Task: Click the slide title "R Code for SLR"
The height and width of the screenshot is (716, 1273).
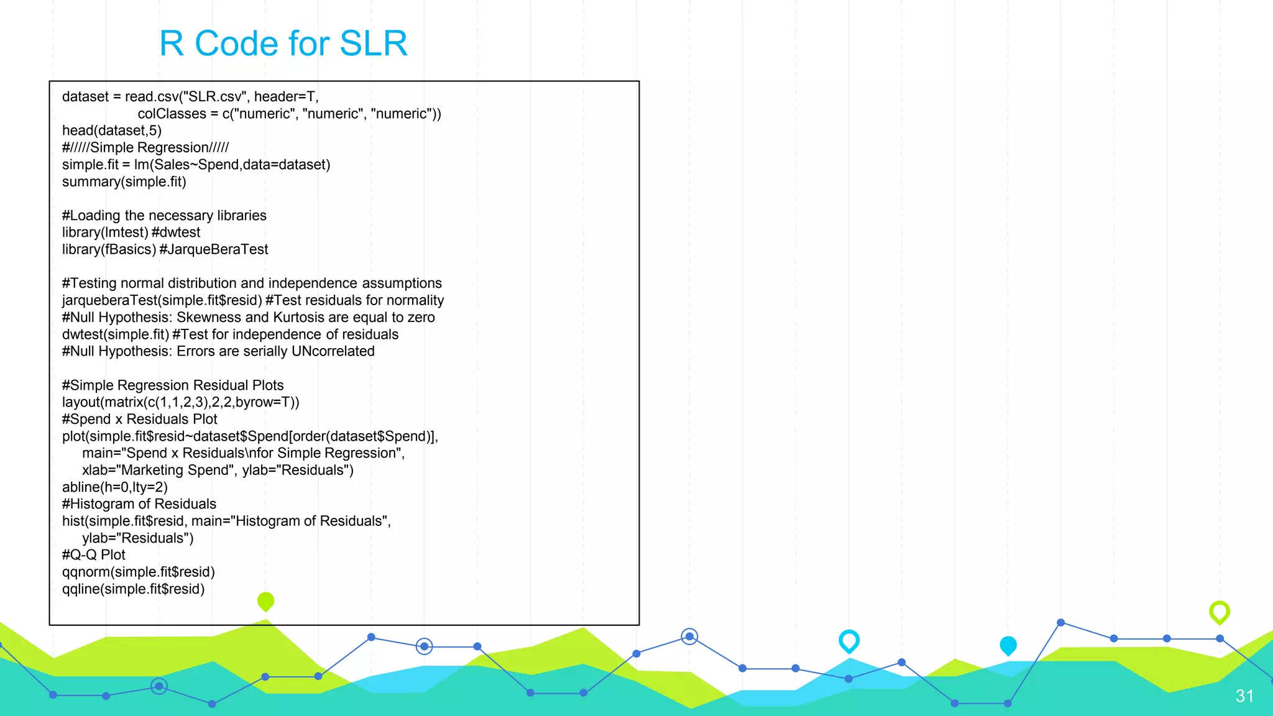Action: [283, 44]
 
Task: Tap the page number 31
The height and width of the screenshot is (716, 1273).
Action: [1244, 695]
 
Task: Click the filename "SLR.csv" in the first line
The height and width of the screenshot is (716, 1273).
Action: [214, 97]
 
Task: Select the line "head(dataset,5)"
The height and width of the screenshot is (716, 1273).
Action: [112, 131]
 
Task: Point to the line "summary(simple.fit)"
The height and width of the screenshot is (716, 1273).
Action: [124, 181]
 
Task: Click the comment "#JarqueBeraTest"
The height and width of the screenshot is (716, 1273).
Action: [214, 249]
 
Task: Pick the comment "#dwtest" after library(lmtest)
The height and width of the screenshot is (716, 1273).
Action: [176, 232]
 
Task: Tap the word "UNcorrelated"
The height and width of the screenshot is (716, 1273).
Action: [333, 351]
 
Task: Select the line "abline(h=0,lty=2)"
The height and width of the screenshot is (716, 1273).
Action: [115, 487]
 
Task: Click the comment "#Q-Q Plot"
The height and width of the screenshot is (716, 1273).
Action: [94, 555]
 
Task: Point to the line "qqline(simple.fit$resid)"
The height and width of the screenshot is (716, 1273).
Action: [134, 589]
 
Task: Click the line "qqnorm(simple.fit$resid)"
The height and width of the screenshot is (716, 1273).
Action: [139, 572]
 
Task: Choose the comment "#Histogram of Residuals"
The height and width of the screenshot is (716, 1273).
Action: [139, 504]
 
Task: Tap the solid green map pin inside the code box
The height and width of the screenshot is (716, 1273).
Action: [265, 601]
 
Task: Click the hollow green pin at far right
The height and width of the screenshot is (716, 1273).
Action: [1220, 612]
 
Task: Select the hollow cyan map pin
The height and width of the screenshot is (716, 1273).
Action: [849, 640]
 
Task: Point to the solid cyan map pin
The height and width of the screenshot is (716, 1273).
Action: [1008, 645]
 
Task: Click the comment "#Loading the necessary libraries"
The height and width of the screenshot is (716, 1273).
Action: [164, 216]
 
